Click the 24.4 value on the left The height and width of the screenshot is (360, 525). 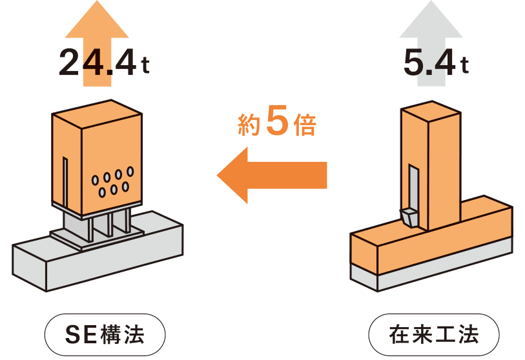coord(97,63)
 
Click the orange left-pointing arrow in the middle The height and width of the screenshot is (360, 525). coord(271,174)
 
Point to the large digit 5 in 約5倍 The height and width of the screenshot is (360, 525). coord(276,125)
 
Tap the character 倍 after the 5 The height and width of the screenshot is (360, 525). coord(304,126)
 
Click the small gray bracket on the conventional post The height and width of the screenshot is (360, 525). coord(408,217)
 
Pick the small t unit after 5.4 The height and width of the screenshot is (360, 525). coord(465,66)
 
